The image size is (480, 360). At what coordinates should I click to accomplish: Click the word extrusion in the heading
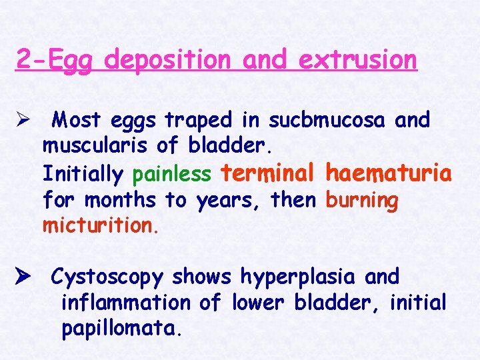tap(358, 60)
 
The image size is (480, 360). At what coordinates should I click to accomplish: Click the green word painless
tap(172, 174)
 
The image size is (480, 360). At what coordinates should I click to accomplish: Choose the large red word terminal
tap(267, 173)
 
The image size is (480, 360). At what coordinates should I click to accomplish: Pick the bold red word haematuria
tap(388, 173)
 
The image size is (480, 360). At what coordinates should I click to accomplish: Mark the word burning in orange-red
tap(361, 200)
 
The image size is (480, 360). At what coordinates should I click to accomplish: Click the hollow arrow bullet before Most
tap(23, 120)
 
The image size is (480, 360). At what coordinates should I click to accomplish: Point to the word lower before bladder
tap(255, 303)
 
